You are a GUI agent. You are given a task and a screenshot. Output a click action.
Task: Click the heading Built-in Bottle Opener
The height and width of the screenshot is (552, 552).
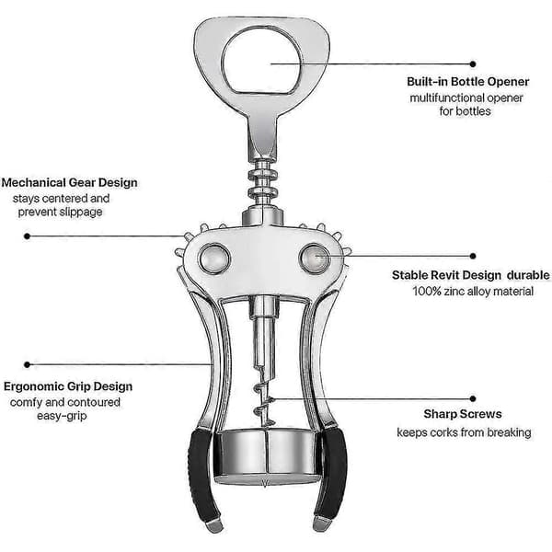468,82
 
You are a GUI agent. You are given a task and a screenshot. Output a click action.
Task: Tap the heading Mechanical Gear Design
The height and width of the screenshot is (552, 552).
69,183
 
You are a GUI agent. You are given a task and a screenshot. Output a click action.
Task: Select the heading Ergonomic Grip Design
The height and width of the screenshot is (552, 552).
68,386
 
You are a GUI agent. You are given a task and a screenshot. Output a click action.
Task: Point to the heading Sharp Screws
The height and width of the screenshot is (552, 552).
463,414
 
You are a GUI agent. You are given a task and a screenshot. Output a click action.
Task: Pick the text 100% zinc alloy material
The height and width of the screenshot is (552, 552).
473,292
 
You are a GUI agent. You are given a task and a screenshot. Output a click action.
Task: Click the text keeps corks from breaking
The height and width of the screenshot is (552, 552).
464,432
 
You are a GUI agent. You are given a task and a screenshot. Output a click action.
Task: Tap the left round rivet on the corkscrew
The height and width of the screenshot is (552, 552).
214,259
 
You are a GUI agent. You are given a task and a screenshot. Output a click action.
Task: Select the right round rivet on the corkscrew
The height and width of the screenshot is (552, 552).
315,259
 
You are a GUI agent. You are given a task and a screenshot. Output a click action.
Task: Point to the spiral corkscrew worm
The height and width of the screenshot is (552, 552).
262,396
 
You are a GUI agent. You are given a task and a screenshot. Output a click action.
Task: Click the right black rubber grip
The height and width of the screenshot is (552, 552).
331,473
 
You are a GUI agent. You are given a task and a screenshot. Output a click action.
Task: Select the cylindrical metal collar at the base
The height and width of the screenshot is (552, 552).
267,456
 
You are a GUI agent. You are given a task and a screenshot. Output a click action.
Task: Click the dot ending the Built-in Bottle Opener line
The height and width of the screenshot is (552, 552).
473,64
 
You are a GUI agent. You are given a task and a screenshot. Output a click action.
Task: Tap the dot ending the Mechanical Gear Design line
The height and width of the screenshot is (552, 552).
27,236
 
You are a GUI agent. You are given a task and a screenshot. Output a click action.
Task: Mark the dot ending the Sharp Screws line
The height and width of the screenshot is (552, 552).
473,399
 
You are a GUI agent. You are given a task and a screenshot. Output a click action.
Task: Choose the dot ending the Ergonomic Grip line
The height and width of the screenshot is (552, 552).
27,364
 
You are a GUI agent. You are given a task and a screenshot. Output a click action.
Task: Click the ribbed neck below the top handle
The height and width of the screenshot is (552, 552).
262,183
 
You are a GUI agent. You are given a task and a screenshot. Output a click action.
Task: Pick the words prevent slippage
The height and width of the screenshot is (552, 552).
60,213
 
